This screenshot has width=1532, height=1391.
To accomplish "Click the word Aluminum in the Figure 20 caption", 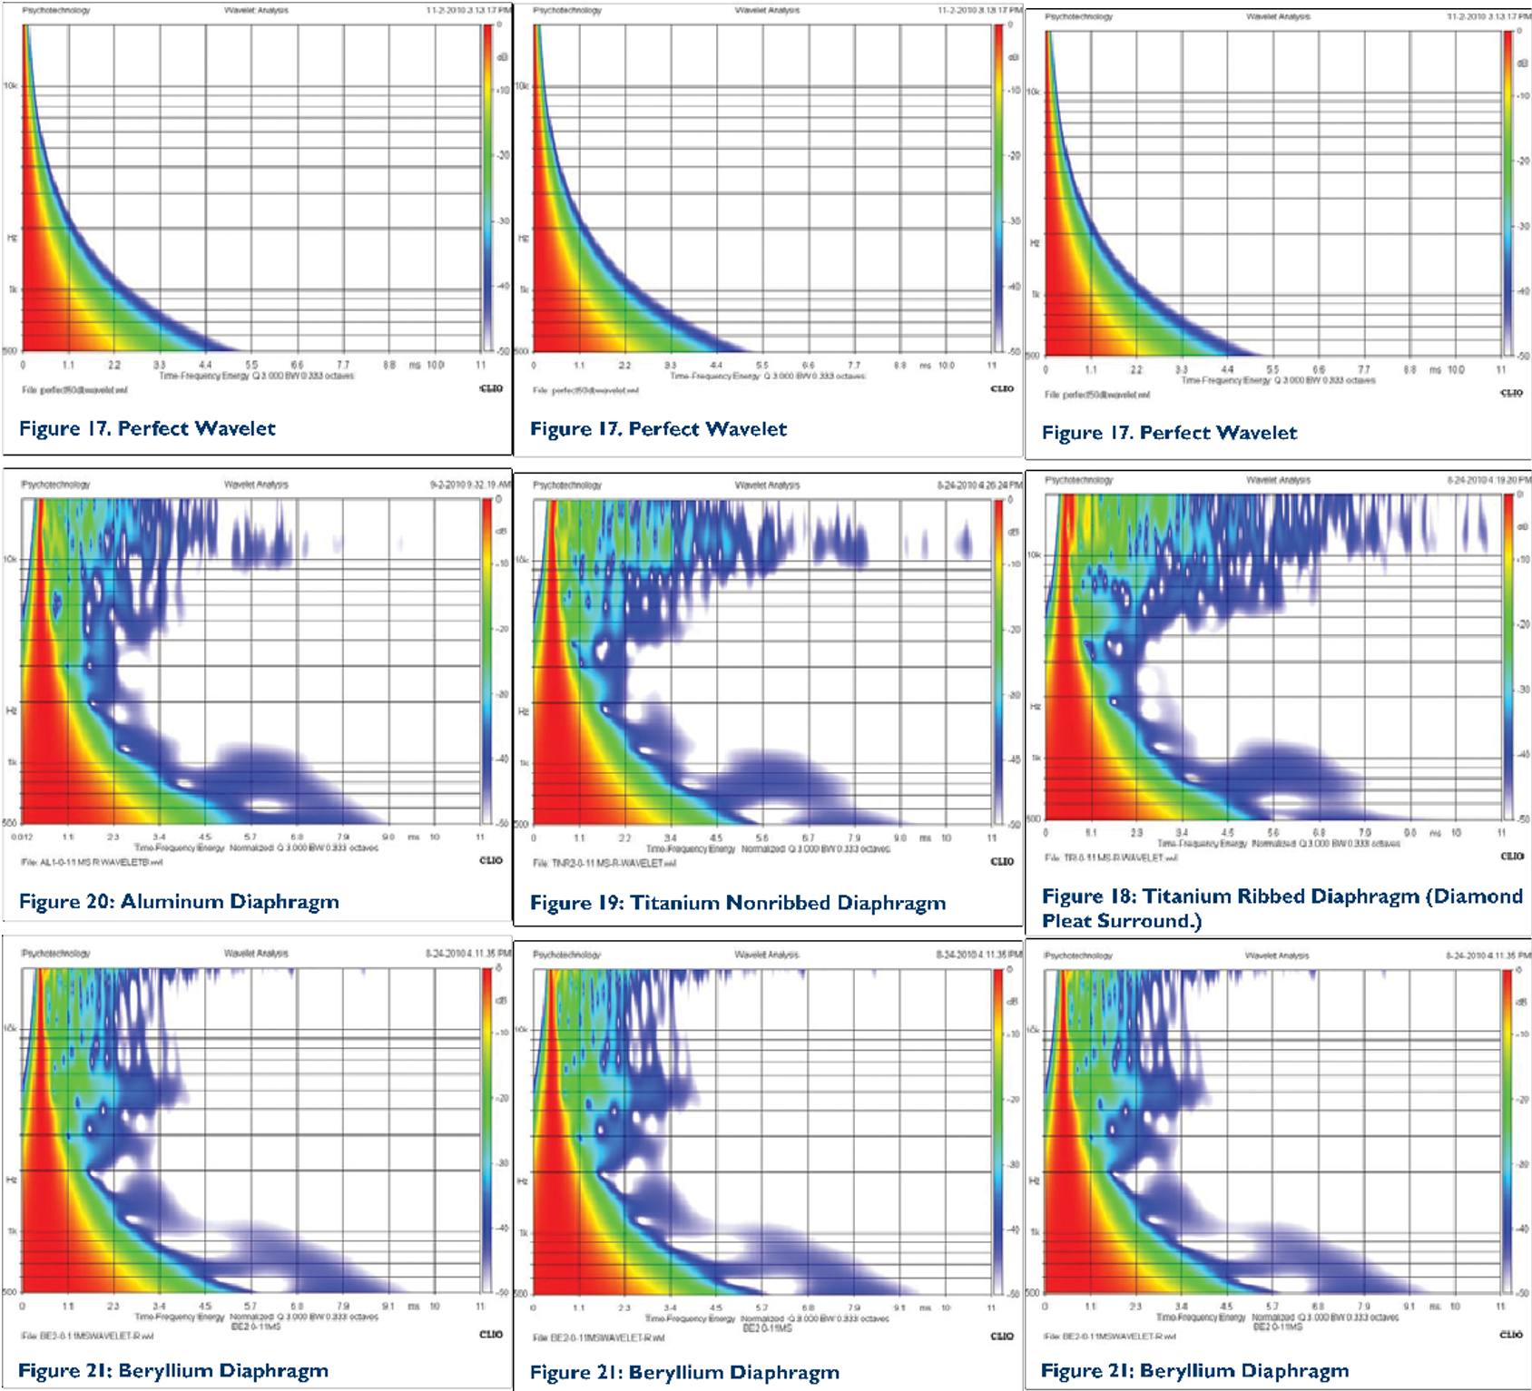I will point(172,902).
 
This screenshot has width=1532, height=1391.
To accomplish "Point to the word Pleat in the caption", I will point(1067,921).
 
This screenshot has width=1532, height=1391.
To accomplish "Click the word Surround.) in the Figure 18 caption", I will point(1149,921).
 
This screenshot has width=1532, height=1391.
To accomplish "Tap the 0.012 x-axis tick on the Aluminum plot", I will point(22,837).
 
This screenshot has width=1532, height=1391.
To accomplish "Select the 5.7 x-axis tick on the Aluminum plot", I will point(250,837).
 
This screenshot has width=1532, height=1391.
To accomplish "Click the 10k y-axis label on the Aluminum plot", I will point(10,559).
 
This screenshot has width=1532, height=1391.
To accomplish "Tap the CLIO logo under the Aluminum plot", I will point(491,860).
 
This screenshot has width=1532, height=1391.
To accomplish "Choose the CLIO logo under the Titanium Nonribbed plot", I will point(1002,861).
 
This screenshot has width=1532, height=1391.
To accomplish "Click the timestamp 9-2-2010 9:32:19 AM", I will point(470,485).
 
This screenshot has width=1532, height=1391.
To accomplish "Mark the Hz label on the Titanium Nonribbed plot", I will point(523,711).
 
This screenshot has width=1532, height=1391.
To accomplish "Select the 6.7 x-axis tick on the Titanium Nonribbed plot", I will point(808,838).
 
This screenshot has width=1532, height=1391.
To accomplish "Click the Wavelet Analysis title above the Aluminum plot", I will point(256,485).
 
